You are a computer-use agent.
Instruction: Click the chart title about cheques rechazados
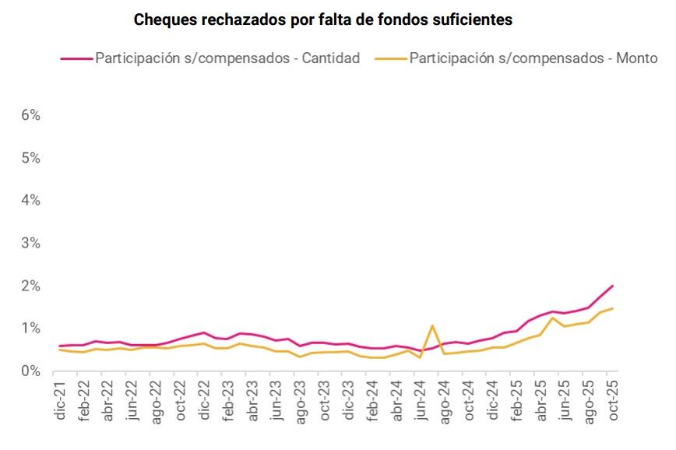point(323,20)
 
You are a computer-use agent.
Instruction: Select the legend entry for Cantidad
point(227,58)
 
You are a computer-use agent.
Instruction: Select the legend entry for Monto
point(533,58)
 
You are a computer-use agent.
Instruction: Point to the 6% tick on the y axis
point(30,115)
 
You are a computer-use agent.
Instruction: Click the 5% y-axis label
point(30,158)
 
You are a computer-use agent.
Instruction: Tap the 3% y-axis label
point(30,244)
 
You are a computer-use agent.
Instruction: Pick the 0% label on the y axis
point(30,371)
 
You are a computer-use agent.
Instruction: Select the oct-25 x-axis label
point(612,401)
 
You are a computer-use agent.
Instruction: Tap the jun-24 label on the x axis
point(421,401)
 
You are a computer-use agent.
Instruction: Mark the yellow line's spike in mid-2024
point(432,325)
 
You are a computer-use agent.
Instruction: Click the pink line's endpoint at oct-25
point(613,286)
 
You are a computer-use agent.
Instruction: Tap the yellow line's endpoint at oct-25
point(613,308)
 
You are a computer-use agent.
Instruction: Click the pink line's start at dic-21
point(60,346)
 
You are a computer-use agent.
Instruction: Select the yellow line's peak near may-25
point(553,318)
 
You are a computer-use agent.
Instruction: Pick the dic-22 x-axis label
point(204,401)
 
